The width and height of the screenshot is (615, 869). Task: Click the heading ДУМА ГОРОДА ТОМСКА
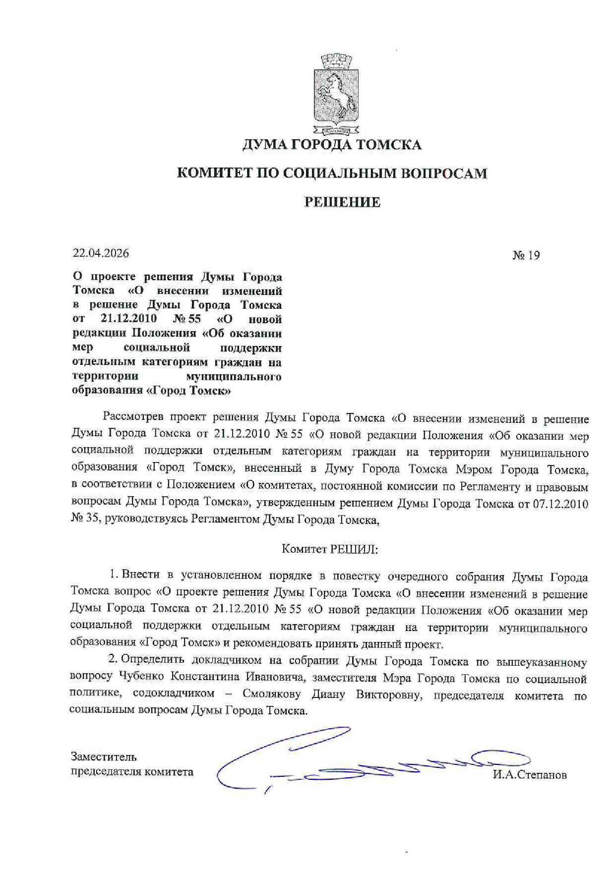[x=332, y=145]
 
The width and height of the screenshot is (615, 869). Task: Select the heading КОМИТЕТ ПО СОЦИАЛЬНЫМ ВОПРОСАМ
[x=332, y=173]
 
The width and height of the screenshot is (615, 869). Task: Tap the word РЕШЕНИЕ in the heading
[x=342, y=202]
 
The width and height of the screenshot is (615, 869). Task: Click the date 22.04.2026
[x=101, y=253]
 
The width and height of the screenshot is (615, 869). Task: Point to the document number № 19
[x=526, y=255]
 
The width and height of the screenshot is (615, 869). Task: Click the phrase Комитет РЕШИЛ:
[x=330, y=549]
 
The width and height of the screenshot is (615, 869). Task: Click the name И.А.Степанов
[x=529, y=775]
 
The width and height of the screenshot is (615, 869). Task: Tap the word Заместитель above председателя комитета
[x=103, y=756]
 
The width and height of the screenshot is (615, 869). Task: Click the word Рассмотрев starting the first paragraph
[x=132, y=417]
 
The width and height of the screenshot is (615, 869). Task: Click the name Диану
[x=328, y=694]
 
